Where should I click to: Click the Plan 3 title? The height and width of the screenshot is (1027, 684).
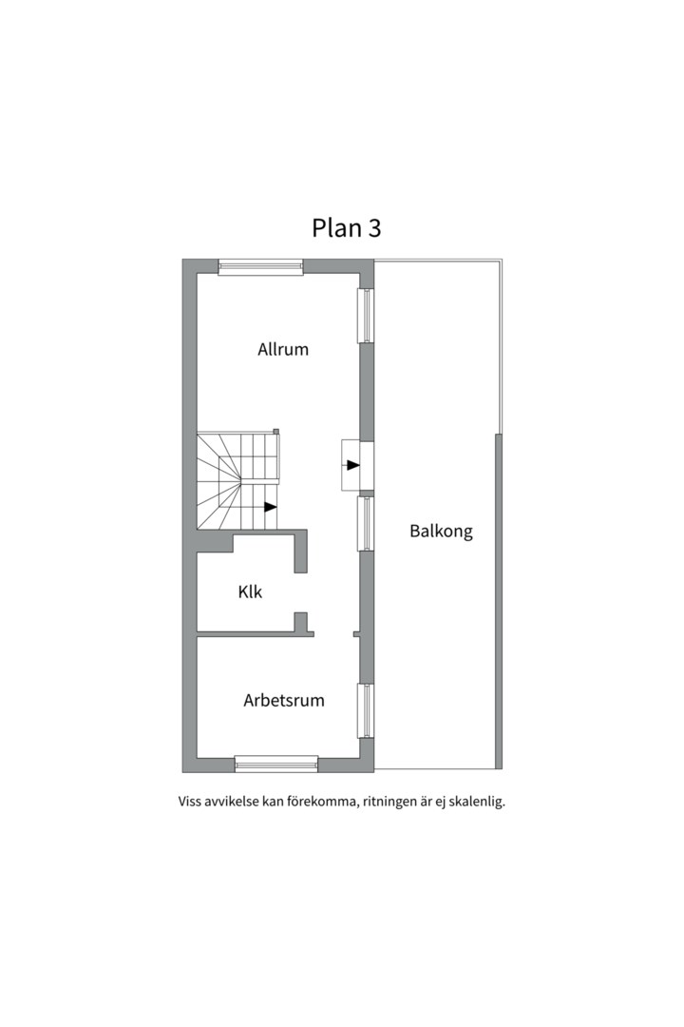pos(346,228)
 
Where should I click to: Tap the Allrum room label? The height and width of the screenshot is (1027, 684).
pos(283,349)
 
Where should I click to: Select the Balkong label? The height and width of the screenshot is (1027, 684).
pos(441,531)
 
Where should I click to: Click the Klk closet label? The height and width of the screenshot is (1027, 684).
pos(250,592)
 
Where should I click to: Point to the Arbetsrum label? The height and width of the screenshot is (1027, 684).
pos(284,700)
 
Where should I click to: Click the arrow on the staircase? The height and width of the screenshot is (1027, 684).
pos(271,506)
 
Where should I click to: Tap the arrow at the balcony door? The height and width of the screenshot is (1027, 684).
pos(353,465)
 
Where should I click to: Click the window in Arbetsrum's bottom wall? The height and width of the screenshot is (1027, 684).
pos(276,763)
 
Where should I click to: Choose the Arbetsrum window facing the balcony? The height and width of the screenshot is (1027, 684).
pos(365,712)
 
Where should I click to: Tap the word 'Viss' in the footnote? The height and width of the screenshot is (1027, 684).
pos(189,802)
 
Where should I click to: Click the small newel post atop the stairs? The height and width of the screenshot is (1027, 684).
pos(276,431)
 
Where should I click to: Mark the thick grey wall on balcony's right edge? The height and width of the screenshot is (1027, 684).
pos(499,601)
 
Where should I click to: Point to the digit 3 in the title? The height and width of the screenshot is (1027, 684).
pos(375,228)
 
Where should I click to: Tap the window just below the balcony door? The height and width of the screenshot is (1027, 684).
pos(365,524)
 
